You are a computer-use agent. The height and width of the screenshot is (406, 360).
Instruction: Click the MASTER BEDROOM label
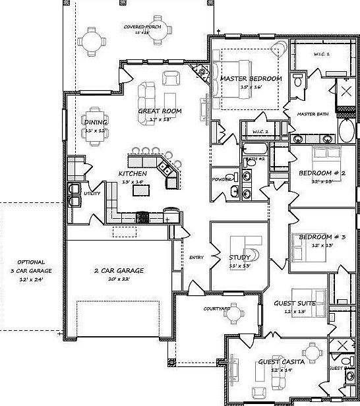click(x=251, y=78)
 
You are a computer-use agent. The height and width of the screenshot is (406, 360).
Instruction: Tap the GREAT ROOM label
click(x=160, y=111)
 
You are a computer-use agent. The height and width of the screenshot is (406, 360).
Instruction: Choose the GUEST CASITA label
click(x=281, y=362)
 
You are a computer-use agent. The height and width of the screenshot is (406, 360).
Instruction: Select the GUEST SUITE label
click(x=294, y=303)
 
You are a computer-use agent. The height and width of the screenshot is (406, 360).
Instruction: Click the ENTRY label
click(x=196, y=257)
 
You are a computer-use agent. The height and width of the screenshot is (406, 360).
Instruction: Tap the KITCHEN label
click(x=133, y=173)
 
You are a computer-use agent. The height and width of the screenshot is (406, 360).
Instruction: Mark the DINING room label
click(x=96, y=122)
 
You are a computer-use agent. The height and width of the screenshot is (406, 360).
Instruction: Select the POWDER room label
click(x=220, y=179)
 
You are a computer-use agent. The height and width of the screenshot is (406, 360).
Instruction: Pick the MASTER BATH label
click(x=313, y=114)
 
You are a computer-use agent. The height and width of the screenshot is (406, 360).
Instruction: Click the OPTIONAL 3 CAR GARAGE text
click(x=31, y=270)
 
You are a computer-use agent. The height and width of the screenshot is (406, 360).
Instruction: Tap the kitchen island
click(x=141, y=190)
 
